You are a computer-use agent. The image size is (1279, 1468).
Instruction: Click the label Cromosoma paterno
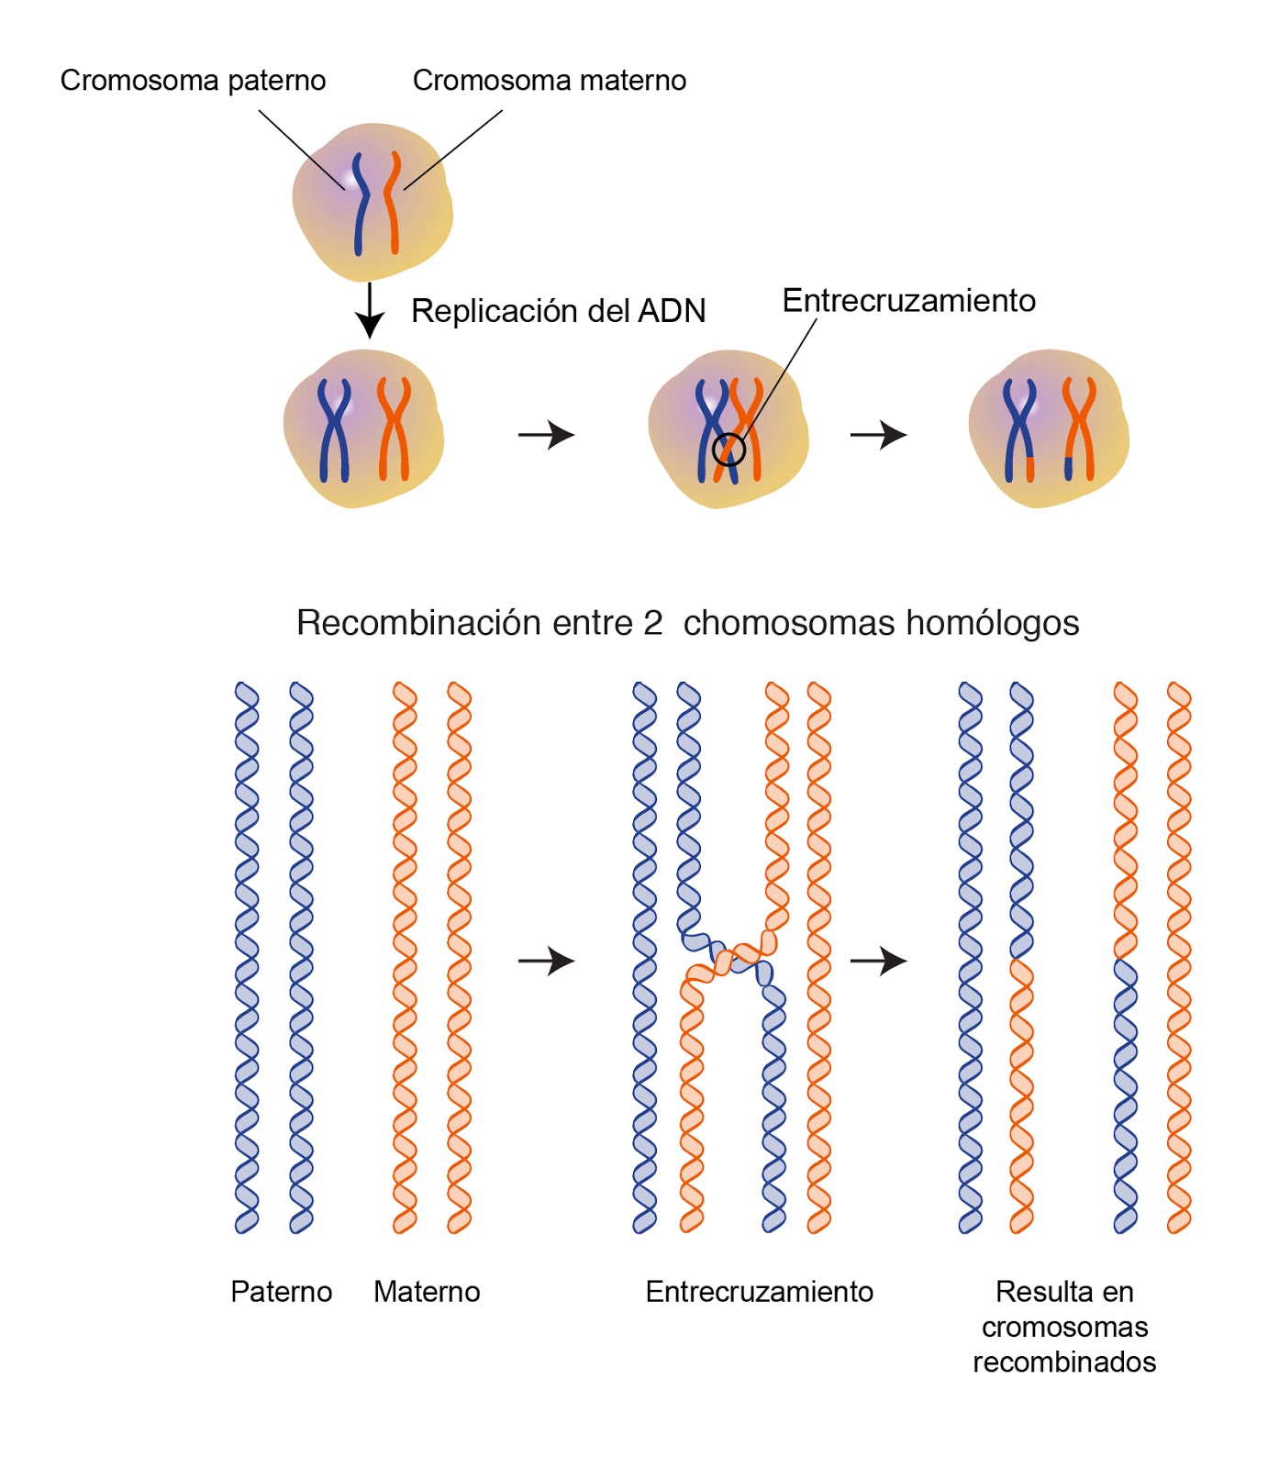pyautogui.click(x=193, y=81)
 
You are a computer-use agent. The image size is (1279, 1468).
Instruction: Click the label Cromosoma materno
pyautogui.click(x=549, y=81)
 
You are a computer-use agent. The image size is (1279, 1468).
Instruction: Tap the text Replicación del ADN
pyautogui.click(x=558, y=311)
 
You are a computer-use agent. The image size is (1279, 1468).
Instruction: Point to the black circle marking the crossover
pyautogui.click(x=728, y=449)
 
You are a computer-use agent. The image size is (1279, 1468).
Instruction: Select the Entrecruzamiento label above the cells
pyautogui.click(x=908, y=301)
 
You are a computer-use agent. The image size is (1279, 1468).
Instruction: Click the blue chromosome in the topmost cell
pyautogui.click(x=361, y=204)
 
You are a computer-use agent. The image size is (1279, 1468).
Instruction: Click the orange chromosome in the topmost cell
pyautogui.click(x=393, y=204)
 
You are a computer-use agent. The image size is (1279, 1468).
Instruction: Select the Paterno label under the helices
pyautogui.click(x=281, y=1292)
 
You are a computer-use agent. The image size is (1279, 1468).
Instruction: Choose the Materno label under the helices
pyautogui.click(x=427, y=1292)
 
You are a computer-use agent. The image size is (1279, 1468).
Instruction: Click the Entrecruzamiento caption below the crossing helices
pyautogui.click(x=759, y=1292)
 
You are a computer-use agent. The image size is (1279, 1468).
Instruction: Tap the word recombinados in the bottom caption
pyautogui.click(x=1064, y=1362)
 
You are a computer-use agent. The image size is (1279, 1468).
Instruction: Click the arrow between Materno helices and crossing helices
pyautogui.click(x=546, y=961)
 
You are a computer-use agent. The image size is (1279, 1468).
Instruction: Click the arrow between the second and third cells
pyautogui.click(x=546, y=434)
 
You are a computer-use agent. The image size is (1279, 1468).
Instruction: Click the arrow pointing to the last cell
pyautogui.click(x=878, y=434)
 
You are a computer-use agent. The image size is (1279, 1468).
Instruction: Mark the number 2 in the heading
pyautogui.click(x=652, y=623)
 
